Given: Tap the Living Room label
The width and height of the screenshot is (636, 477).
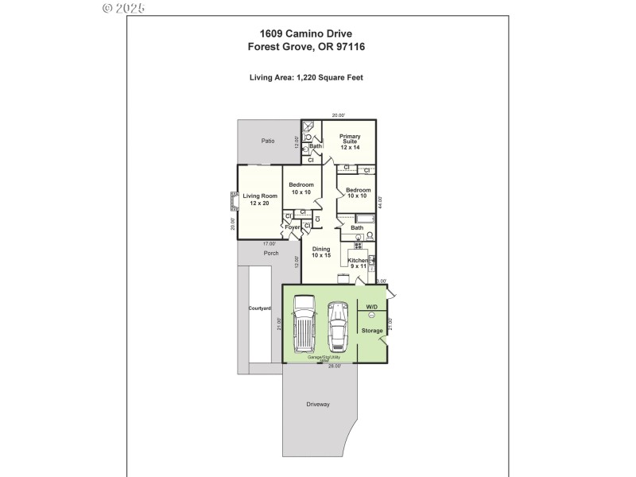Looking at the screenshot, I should (x=260, y=199).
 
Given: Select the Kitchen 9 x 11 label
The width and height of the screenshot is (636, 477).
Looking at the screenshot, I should (x=357, y=263).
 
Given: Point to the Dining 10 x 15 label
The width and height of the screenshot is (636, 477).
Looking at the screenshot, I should (x=321, y=252).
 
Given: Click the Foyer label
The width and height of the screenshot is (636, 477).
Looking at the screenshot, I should (x=293, y=227).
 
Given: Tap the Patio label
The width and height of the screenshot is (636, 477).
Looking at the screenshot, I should (x=268, y=141).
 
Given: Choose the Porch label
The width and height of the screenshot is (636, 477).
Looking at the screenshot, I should (x=270, y=254).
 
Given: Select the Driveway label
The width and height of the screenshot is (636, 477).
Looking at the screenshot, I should (x=318, y=405).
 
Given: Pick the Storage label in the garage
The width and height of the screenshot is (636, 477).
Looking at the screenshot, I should (x=372, y=330).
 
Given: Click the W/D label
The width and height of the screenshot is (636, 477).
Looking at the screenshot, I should (x=371, y=306).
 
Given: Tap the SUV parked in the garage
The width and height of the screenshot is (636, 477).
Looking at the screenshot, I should (x=304, y=324).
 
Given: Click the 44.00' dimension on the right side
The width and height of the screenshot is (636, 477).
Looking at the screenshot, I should (x=380, y=203).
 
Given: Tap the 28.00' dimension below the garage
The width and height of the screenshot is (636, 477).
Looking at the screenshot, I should (x=335, y=366).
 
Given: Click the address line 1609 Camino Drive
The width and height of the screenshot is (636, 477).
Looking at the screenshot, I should (x=306, y=33).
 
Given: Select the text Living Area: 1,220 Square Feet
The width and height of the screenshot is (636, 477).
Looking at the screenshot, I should (x=306, y=77).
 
